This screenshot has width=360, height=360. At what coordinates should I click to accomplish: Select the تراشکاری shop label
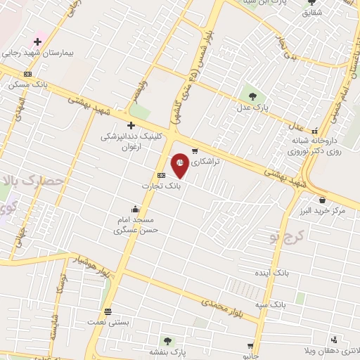pos(206,161)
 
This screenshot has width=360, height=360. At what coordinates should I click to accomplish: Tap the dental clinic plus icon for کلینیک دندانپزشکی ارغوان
pos(131,125)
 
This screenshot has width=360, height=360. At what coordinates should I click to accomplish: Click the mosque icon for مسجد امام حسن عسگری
pos(136,209)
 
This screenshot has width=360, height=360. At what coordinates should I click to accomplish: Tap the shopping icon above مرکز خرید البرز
pos(322,200)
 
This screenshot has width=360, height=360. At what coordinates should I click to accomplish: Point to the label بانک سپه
pos(270,305)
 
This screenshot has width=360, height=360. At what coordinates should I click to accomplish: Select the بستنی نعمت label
pos(108,322)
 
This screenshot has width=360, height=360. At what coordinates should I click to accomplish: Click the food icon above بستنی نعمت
pos(108,311)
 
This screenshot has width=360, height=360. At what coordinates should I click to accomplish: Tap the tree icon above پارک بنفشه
pos(167,340)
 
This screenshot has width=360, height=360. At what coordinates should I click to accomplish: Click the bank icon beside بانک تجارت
pos(162,175)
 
